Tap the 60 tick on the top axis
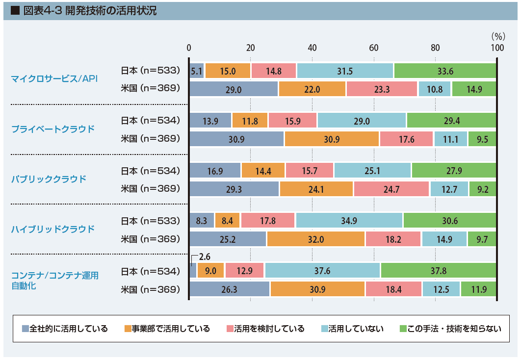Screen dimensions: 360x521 [x=373, y=48]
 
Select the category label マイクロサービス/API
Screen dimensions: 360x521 [x=54, y=79]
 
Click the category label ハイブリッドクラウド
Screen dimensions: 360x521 [x=52, y=229]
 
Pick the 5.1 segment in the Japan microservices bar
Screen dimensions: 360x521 [x=197, y=71]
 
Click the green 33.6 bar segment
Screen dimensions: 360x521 [x=445, y=71]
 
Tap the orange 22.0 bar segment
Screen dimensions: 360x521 [x=312, y=89]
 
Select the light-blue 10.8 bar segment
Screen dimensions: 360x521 [x=435, y=89]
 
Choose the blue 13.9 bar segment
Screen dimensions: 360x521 [x=210, y=120]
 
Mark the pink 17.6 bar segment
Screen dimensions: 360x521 [x=406, y=139]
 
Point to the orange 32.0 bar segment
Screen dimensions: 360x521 [x=316, y=239]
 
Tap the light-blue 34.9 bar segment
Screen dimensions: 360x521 [x=349, y=221]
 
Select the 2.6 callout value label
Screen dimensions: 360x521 [x=205, y=256]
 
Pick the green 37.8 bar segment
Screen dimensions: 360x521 [x=438, y=270]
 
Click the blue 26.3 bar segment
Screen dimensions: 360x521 [x=229, y=289]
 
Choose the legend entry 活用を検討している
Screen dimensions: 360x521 [x=265, y=329]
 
